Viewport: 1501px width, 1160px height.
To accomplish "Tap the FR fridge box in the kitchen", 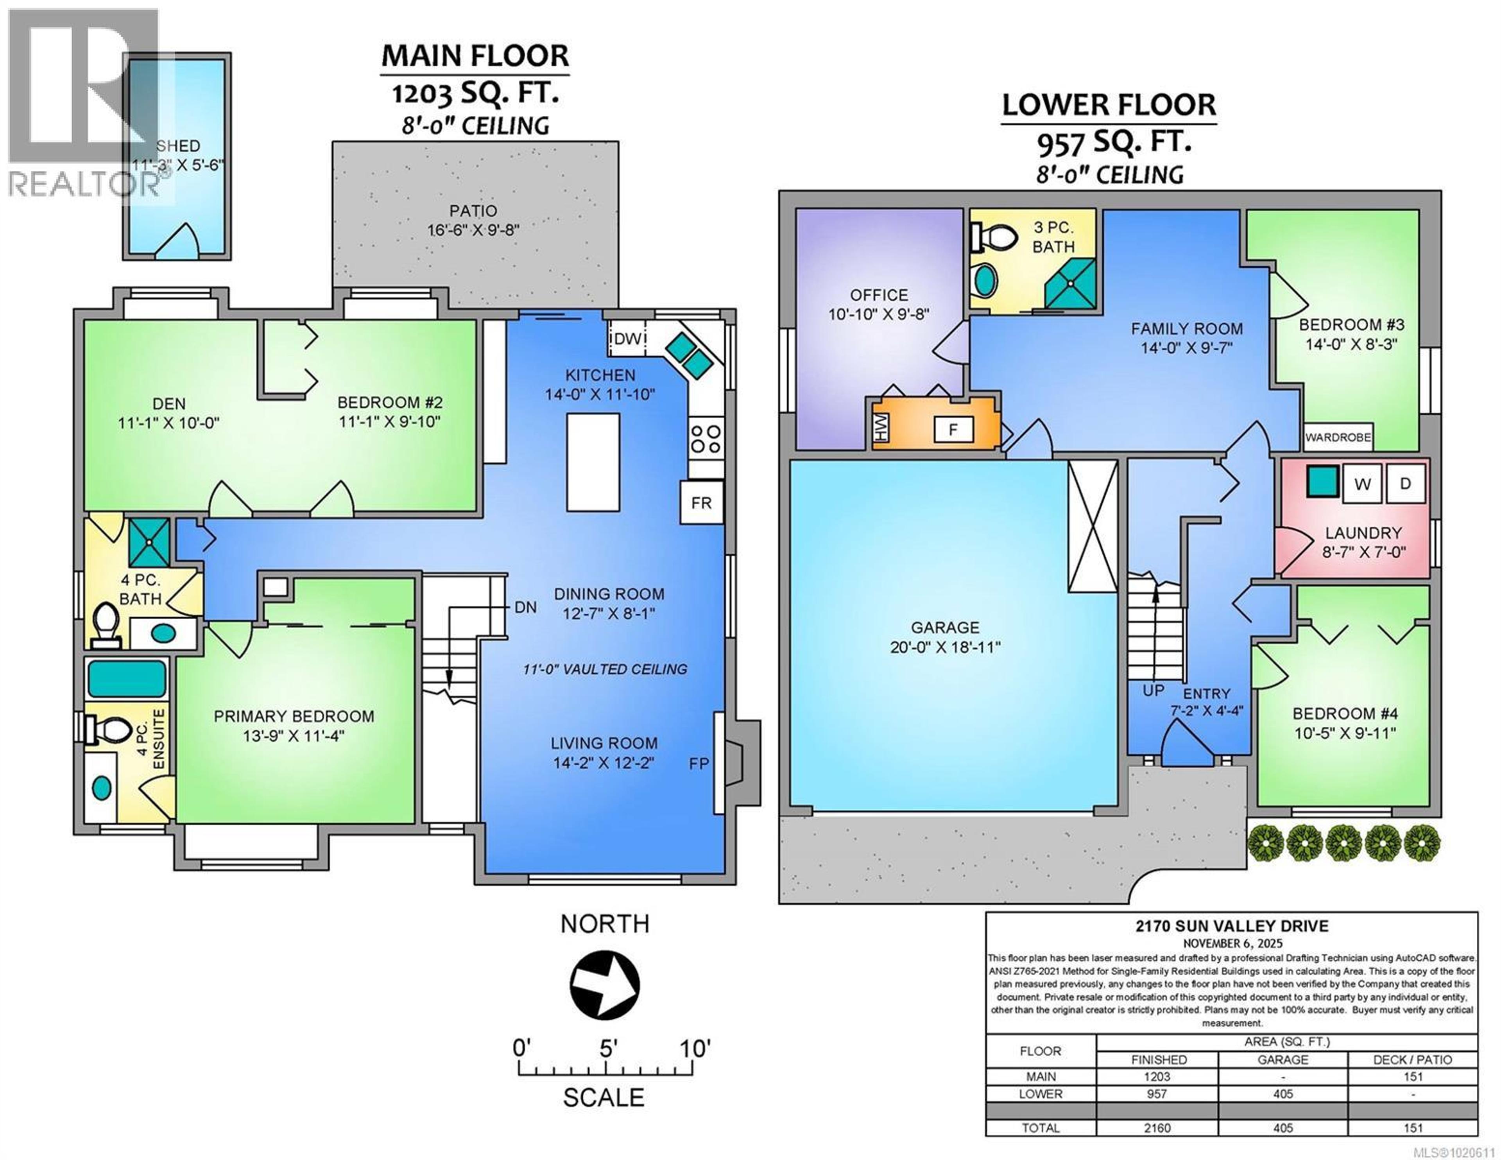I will point(701,503).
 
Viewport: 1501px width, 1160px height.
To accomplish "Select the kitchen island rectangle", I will point(593,462).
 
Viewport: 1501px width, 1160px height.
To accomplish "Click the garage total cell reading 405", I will point(1282,1128).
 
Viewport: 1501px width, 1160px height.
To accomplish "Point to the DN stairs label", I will point(525,607).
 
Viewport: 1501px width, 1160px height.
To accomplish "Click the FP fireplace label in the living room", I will point(698,763).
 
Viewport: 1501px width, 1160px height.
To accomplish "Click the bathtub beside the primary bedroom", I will point(127,679).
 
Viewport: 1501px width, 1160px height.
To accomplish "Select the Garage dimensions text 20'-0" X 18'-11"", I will point(945,647).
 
